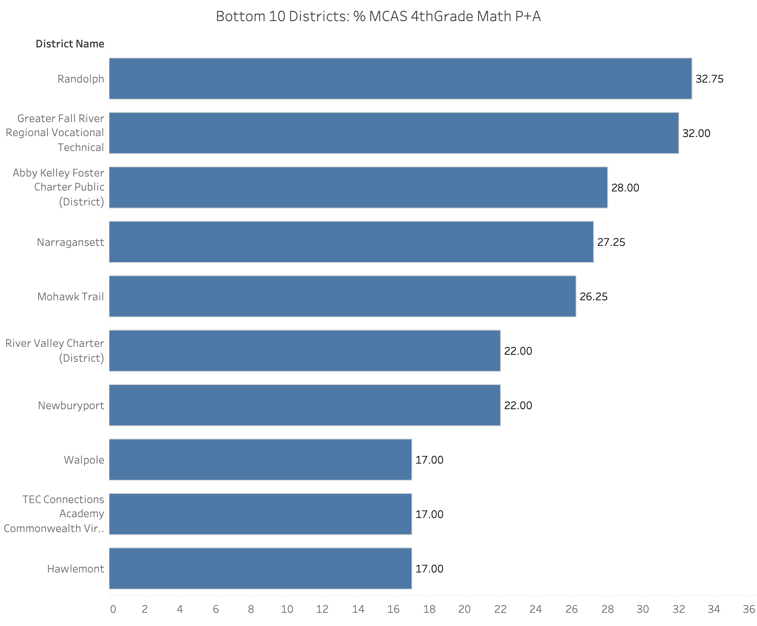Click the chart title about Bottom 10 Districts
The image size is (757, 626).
pyautogui.click(x=378, y=16)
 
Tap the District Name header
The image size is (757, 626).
pyautogui.click(x=70, y=44)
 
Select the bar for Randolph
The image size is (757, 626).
pyautogui.click(x=400, y=79)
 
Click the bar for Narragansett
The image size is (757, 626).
pyautogui.click(x=351, y=242)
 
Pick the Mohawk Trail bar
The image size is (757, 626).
pyautogui.click(x=342, y=296)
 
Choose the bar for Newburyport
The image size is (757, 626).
pyautogui.click(x=305, y=405)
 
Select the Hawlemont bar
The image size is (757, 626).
pyautogui.click(x=260, y=568)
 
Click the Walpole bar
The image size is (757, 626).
pyautogui.click(x=260, y=460)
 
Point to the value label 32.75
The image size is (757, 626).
pyautogui.click(x=710, y=79)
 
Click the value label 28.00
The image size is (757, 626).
pyautogui.click(x=625, y=188)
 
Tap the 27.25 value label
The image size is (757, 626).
pyautogui.click(x=611, y=242)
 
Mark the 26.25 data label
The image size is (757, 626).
pyautogui.click(x=594, y=297)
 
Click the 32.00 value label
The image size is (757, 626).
pyautogui.click(x=696, y=133)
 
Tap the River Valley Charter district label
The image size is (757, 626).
pyautogui.click(x=55, y=350)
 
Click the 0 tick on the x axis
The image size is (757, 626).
pyautogui.click(x=113, y=609)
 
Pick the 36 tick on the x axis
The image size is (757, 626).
pyautogui.click(x=749, y=609)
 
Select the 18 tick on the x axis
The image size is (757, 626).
pyautogui.click(x=429, y=609)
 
